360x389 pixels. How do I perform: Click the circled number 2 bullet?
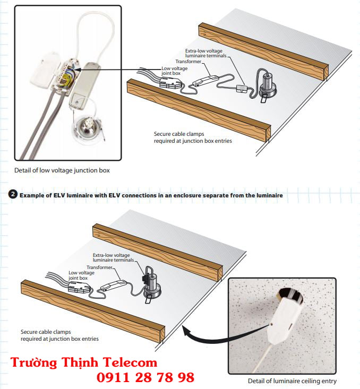click(x=12, y=194)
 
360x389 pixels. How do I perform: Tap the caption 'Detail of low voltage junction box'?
click(x=62, y=170)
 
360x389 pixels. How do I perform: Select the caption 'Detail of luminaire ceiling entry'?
click(x=292, y=381)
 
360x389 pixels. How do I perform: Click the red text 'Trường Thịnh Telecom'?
click(x=84, y=362)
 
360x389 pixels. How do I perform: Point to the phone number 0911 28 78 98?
click(x=145, y=377)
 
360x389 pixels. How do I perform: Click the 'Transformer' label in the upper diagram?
click(x=188, y=62)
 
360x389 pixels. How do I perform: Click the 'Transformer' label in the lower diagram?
click(x=100, y=267)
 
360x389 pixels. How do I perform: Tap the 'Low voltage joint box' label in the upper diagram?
click(x=174, y=71)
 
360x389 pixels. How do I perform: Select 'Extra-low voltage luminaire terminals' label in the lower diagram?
click(x=113, y=257)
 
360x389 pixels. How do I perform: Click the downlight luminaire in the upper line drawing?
click(x=267, y=85)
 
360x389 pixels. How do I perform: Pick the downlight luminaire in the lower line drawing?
click(x=152, y=286)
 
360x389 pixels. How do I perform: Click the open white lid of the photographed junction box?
click(x=45, y=71)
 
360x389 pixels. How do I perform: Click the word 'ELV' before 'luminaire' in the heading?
click(x=59, y=195)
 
